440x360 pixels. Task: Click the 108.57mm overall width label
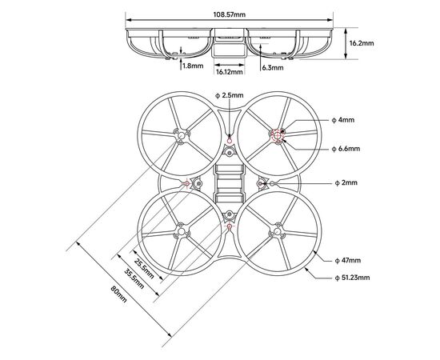(230, 14)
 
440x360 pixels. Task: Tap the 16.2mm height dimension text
(362, 43)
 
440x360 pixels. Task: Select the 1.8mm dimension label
(193, 66)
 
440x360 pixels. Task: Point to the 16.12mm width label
(230, 72)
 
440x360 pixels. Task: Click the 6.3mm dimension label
(273, 68)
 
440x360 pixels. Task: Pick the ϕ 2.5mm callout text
(230, 95)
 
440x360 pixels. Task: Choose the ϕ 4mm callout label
(343, 120)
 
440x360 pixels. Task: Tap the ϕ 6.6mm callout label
(346, 149)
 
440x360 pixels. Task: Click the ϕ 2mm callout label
(346, 183)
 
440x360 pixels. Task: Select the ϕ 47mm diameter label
(348, 260)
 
